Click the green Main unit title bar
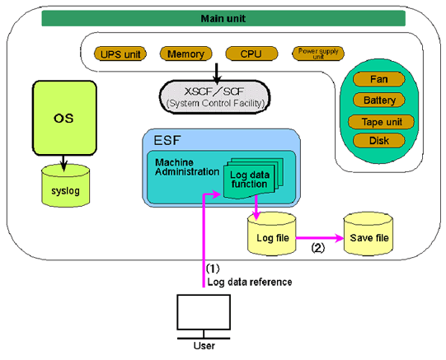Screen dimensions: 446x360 [x=223, y=18]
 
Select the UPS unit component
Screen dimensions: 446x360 [x=120, y=54]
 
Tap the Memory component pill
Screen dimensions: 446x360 [x=185, y=54]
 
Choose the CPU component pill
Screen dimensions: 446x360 [x=251, y=54]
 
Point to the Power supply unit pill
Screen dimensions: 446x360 [x=318, y=54]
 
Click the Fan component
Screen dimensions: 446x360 [x=379, y=79]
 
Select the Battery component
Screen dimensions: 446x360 [x=379, y=100]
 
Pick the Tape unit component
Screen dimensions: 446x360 [x=381, y=122]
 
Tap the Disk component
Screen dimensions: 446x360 [x=379, y=141]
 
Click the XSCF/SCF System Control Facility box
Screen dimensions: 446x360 [x=214, y=97]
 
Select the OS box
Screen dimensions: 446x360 [x=64, y=118]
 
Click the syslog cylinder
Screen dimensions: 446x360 [x=66, y=186]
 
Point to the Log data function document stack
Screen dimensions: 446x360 [x=253, y=178]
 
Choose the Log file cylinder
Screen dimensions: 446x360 [x=271, y=234]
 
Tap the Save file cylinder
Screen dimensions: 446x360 [x=369, y=234]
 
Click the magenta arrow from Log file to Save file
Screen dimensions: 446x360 [x=320, y=238]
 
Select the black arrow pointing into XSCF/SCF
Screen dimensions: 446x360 [x=217, y=73]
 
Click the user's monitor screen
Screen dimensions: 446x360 [x=204, y=312]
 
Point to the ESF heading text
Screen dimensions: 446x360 [x=167, y=140]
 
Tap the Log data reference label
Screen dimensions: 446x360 [x=250, y=282]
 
